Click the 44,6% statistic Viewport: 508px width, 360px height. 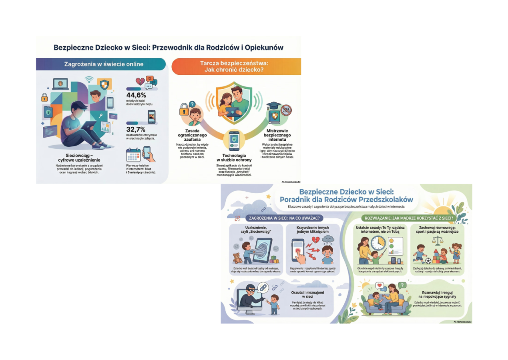136,96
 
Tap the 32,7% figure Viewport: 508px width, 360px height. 136,130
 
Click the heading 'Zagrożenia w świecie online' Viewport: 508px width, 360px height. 104,64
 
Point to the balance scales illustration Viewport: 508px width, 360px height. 436,240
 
